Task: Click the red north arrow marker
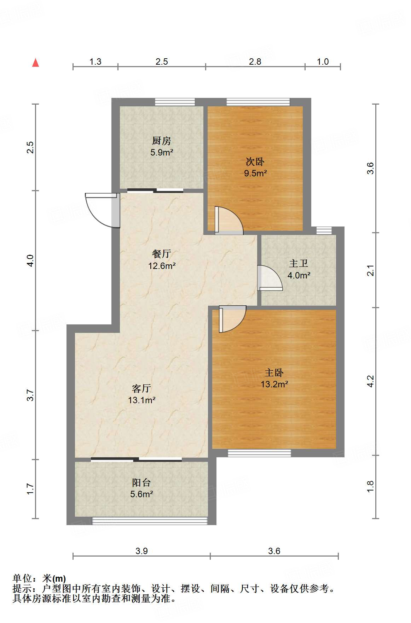click(x=35, y=63)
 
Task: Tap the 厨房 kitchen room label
click(x=162, y=141)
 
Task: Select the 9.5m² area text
click(x=255, y=174)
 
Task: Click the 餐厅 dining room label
click(x=162, y=254)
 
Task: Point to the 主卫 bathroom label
click(x=299, y=263)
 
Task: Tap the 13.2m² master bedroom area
click(x=274, y=384)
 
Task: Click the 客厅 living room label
click(x=141, y=388)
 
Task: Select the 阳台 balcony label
click(x=141, y=482)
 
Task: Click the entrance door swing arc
click(x=97, y=211)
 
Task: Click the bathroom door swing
click(x=271, y=278)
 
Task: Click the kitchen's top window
click(x=175, y=102)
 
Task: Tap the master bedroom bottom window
click(x=259, y=453)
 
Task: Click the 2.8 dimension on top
click(x=255, y=62)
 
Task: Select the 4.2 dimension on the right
click(x=370, y=381)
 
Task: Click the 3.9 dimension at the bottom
click(x=141, y=551)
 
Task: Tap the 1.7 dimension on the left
click(x=30, y=489)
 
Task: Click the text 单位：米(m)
click(x=39, y=578)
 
